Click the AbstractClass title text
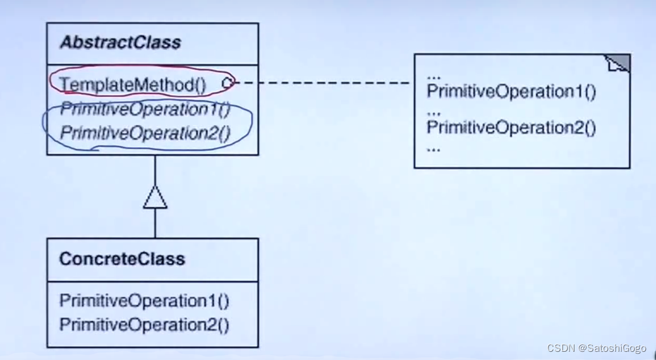[120, 43]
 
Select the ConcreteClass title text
[122, 259]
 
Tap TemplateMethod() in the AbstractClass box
[133, 85]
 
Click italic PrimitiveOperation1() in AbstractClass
[145, 109]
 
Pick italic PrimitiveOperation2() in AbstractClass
[145, 133]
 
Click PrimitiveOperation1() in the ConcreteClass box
[144, 301]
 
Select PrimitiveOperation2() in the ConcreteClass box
[144, 325]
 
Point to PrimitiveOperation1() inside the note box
[511, 92]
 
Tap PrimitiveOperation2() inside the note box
[511, 128]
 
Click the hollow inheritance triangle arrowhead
[155, 198]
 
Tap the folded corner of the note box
[619, 63]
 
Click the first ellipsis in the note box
[434, 76]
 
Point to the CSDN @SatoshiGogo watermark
[597, 349]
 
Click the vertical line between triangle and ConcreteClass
[155, 224]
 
